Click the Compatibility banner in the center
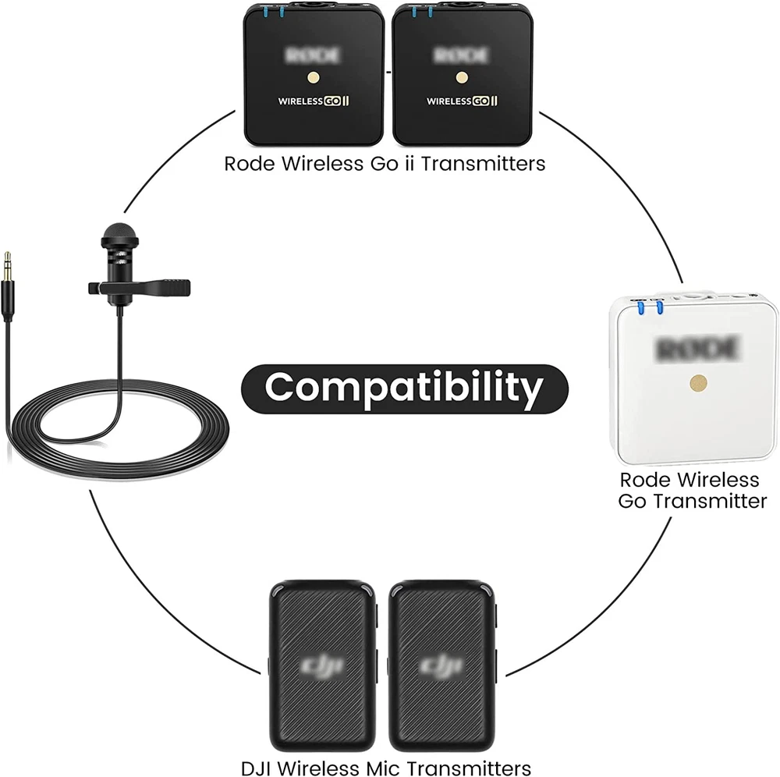[x=404, y=387]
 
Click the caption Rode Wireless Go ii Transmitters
[x=385, y=164]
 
